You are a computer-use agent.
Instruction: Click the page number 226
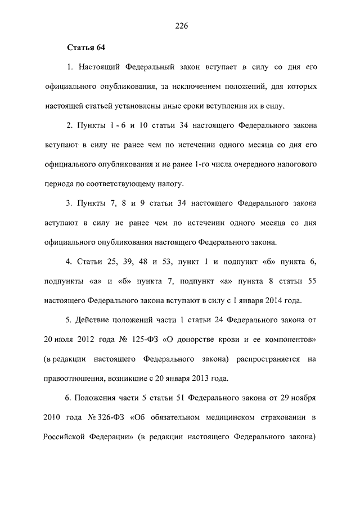(180, 26)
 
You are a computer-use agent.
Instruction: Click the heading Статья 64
(86, 47)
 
